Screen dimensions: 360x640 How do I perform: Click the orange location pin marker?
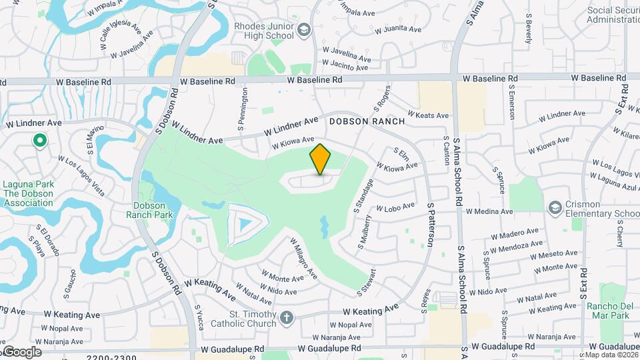(x=320, y=159)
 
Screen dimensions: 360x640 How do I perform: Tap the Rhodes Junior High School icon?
(x=304, y=30)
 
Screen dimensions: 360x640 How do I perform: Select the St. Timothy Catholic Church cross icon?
(x=287, y=318)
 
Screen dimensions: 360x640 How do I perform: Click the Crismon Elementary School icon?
(x=555, y=209)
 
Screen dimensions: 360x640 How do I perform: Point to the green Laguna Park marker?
(x=39, y=141)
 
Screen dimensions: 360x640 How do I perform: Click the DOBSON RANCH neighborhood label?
(x=367, y=121)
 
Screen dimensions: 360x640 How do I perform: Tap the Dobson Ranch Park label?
(x=153, y=210)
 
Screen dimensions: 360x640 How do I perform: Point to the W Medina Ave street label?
(x=489, y=211)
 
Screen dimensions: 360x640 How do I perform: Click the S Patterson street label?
(x=431, y=225)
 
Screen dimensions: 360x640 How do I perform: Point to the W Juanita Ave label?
(x=398, y=29)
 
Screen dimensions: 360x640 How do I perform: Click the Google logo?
(x=21, y=352)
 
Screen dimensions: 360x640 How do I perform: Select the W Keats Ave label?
(x=427, y=115)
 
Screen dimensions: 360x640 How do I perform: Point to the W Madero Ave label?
(x=515, y=235)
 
